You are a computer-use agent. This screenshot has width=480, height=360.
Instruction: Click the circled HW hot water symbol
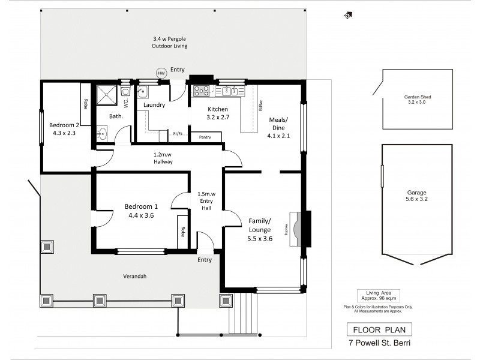tap(161, 73)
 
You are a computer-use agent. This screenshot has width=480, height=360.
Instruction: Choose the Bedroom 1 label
tap(137, 211)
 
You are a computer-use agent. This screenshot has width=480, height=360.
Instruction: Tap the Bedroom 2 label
tap(64, 130)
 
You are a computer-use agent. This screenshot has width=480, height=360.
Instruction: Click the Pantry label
tap(204, 137)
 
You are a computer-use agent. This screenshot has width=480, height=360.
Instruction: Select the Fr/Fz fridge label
tap(178, 134)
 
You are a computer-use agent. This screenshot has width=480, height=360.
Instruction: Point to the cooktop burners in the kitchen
tap(200, 92)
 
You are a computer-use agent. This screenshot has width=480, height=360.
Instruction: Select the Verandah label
tap(136, 277)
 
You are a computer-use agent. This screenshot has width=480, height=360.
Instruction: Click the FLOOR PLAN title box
tap(379, 330)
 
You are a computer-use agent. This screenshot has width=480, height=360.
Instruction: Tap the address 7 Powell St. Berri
tap(379, 344)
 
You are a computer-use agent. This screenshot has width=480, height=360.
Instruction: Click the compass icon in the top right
tap(347, 16)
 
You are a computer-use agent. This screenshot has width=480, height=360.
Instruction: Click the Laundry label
tap(155, 106)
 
